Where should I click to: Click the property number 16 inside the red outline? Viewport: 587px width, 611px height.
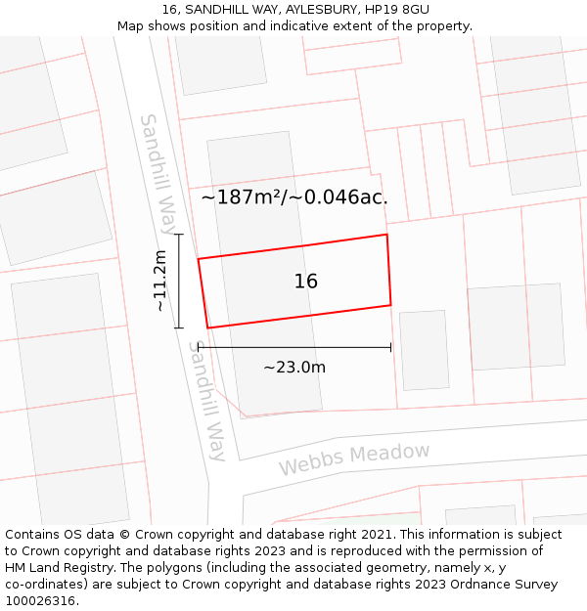pyautogui.click(x=306, y=282)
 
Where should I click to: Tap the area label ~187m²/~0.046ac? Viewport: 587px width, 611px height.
pyautogui.click(x=294, y=197)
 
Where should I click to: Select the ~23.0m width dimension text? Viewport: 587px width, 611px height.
pyautogui.click(x=294, y=368)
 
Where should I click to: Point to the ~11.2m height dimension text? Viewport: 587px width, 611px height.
pyautogui.click(x=161, y=281)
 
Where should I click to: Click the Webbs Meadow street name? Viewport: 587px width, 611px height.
pyautogui.click(x=354, y=458)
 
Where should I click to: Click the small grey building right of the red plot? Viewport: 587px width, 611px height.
pyautogui.click(x=424, y=350)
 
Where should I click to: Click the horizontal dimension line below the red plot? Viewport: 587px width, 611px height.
pyautogui.click(x=294, y=346)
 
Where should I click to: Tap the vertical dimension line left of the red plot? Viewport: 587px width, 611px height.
pyautogui.click(x=179, y=281)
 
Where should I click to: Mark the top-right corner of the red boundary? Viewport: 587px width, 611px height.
pyautogui.click(x=387, y=235)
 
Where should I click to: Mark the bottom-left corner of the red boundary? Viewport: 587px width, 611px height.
pyautogui.click(x=207, y=327)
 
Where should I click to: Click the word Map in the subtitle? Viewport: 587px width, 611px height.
pyautogui.click(x=130, y=26)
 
